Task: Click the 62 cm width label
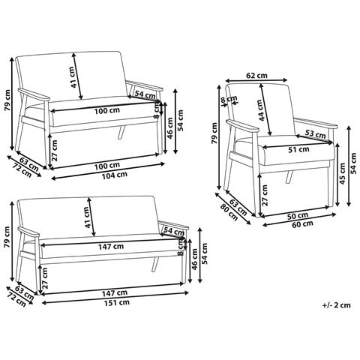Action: pyautogui.click(x=256, y=75)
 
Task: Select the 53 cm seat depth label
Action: pyautogui.click(x=315, y=134)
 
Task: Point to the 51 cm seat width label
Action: pyautogui.click(x=298, y=150)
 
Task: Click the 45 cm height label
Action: pyautogui.click(x=342, y=174)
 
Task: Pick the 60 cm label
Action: pyautogui.click(x=302, y=223)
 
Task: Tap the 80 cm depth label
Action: pyautogui.click(x=229, y=212)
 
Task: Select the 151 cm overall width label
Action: pyautogui.click(x=117, y=303)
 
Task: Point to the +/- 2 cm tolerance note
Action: pyautogui.click(x=337, y=305)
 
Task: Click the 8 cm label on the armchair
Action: pyautogui.click(x=228, y=99)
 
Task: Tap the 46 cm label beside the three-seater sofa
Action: pyautogui.click(x=194, y=259)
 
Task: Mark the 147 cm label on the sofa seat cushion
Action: pyautogui.click(x=111, y=247)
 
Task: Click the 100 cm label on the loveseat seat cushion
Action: pyautogui.click(x=107, y=110)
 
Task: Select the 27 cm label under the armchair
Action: pyautogui.click(x=265, y=195)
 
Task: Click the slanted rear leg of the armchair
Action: pyautogui.click(x=289, y=177)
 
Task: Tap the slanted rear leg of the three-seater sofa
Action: pyautogui.click(x=155, y=265)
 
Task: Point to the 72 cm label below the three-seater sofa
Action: pyautogui.click(x=17, y=299)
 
